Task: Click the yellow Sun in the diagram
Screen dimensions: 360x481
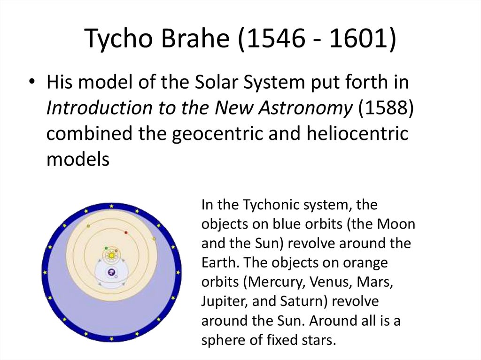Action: [111, 255]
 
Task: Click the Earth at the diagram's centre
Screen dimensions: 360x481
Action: [111, 272]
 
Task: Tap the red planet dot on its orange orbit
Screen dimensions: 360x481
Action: [126, 232]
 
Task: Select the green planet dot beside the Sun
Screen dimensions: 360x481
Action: [106, 248]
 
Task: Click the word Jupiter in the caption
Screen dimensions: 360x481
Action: [223, 300]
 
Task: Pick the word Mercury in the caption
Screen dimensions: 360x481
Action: [266, 282]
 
